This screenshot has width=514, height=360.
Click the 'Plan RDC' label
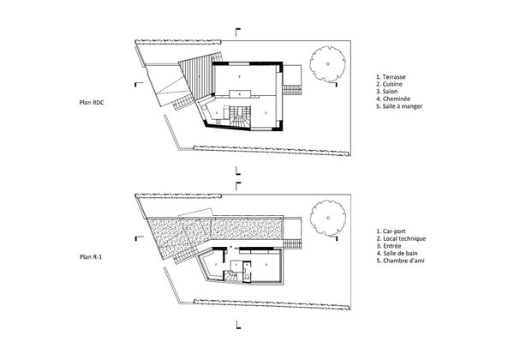point(93,100)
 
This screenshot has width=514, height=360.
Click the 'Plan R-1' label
point(93,256)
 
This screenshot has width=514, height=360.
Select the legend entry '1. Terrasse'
point(395,76)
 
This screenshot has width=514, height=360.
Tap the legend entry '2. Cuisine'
point(393,85)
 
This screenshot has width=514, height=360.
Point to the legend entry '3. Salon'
point(391,93)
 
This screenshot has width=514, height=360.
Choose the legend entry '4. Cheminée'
point(397,101)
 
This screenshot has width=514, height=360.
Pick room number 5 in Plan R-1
point(266,265)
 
